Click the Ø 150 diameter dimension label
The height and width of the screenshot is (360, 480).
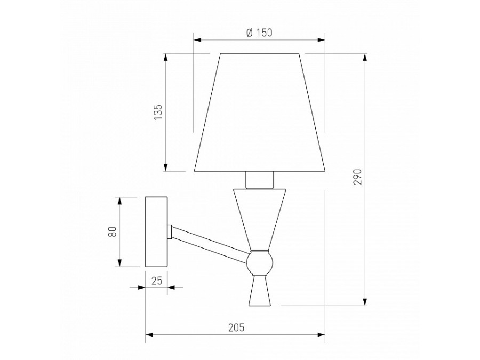click(x=259, y=33)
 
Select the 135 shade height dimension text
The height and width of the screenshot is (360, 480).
click(x=158, y=112)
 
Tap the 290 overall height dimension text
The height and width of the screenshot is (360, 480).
click(x=357, y=177)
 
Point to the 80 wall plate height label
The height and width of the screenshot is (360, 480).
click(x=113, y=232)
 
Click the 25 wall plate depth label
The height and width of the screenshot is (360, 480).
click(x=157, y=281)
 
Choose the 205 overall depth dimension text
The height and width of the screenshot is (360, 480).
click(x=236, y=327)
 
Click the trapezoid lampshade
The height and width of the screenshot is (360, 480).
click(x=260, y=112)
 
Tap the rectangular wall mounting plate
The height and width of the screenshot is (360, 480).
click(x=156, y=232)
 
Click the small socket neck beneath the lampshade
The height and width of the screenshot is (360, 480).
click(x=260, y=180)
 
